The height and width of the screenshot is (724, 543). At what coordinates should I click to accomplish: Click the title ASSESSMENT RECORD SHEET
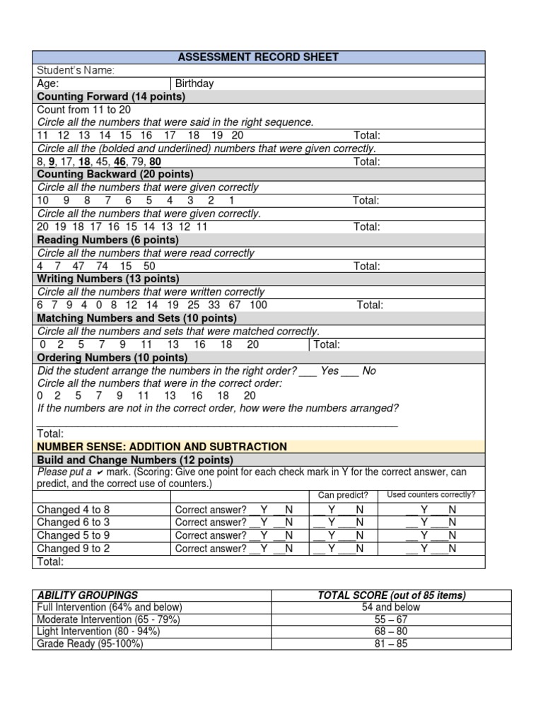tap(259, 57)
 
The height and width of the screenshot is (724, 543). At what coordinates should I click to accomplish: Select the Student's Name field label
tap(76, 70)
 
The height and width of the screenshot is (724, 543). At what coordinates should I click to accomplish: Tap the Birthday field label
tap(194, 83)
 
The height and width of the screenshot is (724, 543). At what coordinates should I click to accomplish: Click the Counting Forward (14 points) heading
tap(111, 96)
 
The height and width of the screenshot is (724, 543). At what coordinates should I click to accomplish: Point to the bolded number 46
tap(119, 161)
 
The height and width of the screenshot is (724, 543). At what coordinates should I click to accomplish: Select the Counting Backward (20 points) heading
tap(115, 174)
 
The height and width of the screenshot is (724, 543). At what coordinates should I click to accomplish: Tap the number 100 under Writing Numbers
tap(258, 305)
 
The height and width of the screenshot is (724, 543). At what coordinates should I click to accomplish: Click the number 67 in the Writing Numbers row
tap(234, 305)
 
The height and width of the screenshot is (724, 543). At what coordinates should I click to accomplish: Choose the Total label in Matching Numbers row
tap(327, 344)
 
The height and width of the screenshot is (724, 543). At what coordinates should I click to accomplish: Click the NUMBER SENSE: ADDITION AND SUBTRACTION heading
tap(162, 447)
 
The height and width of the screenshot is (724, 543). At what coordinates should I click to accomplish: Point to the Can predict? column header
tap(343, 495)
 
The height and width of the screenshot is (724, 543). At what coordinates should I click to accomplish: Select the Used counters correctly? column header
tap(431, 495)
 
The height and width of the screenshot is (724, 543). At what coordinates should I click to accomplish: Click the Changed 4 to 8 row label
tap(73, 509)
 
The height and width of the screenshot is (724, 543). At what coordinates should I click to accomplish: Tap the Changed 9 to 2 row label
tap(73, 548)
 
